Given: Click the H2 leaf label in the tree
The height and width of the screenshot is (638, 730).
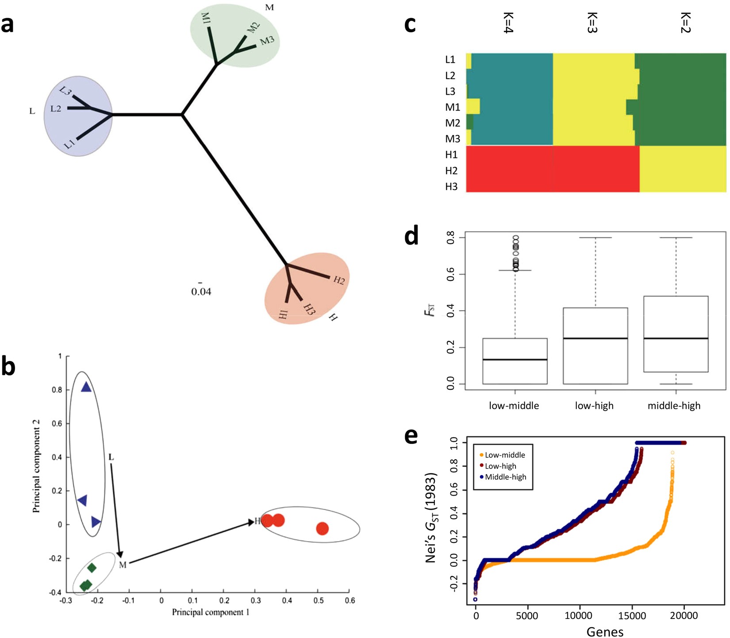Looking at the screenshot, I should point(339,280).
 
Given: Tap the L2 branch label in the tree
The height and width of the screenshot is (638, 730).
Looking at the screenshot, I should point(56,108).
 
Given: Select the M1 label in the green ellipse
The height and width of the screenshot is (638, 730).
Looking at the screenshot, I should point(206,18).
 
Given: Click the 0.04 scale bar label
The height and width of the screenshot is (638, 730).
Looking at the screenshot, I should point(201,292).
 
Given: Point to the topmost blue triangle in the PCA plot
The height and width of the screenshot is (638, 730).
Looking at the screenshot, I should point(86,387).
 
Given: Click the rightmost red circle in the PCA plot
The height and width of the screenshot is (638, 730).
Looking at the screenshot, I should point(322,528).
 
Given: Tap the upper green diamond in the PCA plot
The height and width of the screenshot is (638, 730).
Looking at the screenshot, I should point(92,568).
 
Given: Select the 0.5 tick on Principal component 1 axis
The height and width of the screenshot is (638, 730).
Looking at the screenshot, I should point(318,601).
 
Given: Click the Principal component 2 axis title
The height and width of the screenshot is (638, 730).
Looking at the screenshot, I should point(36,466).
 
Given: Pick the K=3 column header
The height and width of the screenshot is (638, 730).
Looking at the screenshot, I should point(592,23).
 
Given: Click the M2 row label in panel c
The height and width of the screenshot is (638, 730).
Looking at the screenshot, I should point(452,123).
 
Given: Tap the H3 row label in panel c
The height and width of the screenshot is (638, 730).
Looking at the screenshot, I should point(451,187).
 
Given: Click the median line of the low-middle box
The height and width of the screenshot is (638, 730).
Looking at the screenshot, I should point(515,360).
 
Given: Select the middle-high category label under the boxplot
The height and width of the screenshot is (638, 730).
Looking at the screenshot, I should point(674,406).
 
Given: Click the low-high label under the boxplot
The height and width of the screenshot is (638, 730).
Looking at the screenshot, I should point(594,406).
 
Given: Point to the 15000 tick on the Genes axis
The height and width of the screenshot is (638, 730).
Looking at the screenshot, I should point(631,615).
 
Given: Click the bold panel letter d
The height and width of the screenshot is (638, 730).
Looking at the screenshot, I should point(411,236).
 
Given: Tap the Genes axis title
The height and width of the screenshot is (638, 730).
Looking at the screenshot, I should point(605,631).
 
